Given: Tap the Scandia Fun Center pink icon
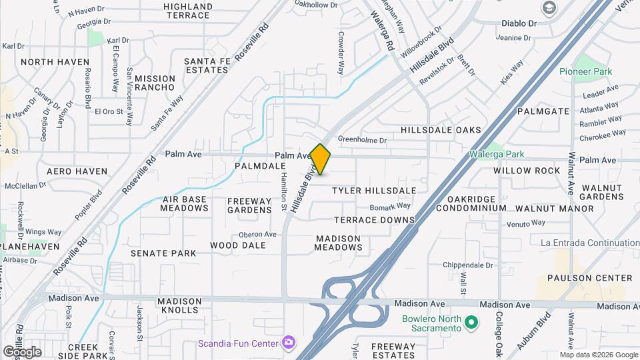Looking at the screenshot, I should tap(289, 343).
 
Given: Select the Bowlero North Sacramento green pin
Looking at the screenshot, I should tap(472, 323).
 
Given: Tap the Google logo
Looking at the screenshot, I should tap(22, 352).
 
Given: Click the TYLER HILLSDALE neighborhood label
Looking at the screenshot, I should tap(374, 191).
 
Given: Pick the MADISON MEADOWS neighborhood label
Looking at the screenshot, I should tap(339, 243).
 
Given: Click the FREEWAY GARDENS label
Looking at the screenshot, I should tap(249, 205).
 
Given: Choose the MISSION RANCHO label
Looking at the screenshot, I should tap(155, 83).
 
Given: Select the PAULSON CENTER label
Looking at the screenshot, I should tap(589, 278).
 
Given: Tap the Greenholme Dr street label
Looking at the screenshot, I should tap(362, 140).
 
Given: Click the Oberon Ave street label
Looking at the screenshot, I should tap(257, 234).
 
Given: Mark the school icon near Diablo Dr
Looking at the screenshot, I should tap(550, 8).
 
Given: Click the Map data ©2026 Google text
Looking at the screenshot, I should tap(598, 354).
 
